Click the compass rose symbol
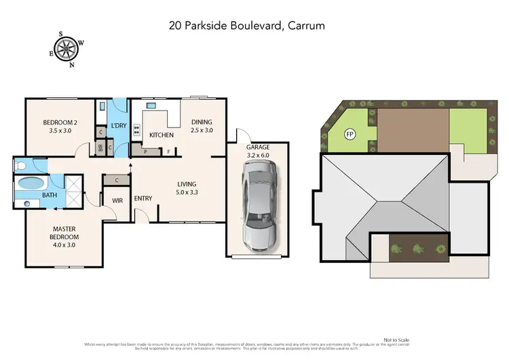click(67, 48)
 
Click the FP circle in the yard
click(351, 134)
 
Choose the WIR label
click(117, 201)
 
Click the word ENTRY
click(143, 198)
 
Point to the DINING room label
click(202, 126)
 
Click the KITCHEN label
click(162, 135)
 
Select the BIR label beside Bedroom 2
click(100, 147)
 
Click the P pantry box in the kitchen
click(146, 151)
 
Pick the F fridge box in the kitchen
click(169, 151)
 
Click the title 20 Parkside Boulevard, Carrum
click(247, 26)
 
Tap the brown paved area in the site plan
click(413, 129)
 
